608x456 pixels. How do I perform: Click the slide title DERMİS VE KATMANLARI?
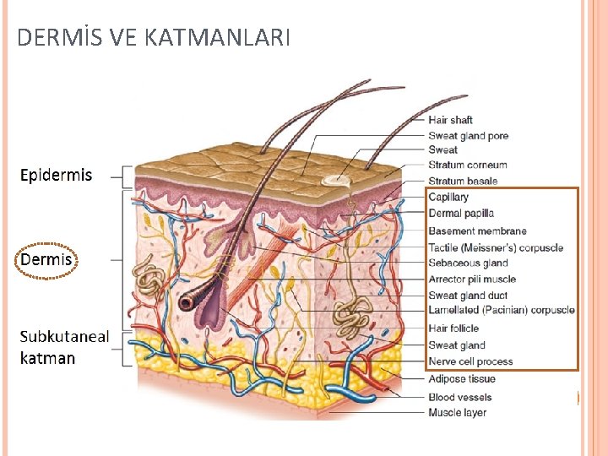point(154,37)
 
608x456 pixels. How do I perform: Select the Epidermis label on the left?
point(56,176)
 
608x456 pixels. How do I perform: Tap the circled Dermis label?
point(46,259)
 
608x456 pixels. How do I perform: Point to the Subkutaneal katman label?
point(64,347)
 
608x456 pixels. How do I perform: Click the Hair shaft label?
point(450,120)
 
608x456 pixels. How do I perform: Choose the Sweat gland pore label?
point(468,136)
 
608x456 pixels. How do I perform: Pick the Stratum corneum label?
point(467,166)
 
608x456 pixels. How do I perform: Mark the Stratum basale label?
point(463,181)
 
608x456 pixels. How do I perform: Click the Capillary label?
point(448,198)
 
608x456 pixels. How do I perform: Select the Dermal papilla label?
point(461,214)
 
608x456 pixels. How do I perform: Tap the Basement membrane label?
point(477,231)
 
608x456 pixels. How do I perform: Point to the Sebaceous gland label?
point(467,263)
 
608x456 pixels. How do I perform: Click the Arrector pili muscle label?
point(472,279)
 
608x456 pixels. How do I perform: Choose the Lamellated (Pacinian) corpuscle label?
point(502,311)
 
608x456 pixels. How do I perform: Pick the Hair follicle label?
point(453,328)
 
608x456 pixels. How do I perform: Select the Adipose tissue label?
point(461,379)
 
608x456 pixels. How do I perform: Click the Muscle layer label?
point(457,413)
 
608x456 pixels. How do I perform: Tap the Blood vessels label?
point(459,397)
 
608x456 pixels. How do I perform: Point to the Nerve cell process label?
point(470,361)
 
